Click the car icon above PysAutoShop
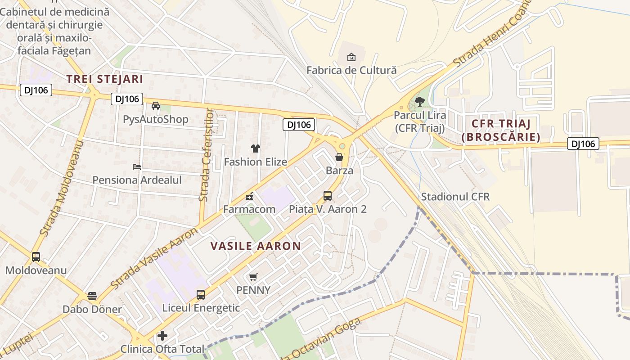click(x=156, y=106)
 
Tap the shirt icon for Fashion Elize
click(x=256, y=148)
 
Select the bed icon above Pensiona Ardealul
click(x=137, y=167)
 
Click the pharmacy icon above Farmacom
click(x=249, y=196)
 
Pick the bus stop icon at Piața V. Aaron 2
click(x=328, y=196)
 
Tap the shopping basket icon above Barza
click(x=339, y=157)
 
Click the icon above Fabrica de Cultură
click(x=351, y=57)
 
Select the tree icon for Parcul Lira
click(x=419, y=102)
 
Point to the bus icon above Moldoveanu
click(x=36, y=257)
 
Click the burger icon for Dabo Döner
click(x=92, y=296)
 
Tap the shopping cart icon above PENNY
click(x=253, y=277)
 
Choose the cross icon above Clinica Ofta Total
click(x=162, y=336)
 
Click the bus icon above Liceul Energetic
click(x=201, y=295)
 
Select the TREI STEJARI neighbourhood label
click(x=105, y=79)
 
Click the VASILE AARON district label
click(x=256, y=246)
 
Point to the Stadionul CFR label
click(x=455, y=197)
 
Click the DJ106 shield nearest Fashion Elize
click(x=298, y=125)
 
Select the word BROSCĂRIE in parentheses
click(x=501, y=137)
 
